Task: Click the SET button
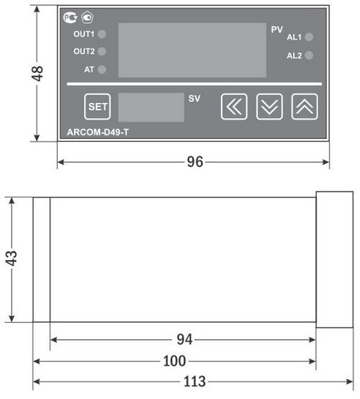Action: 96,107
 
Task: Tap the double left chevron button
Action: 233,107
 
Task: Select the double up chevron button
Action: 305,107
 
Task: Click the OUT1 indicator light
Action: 102,34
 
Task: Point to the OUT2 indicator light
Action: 102,52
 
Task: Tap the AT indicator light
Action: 102,70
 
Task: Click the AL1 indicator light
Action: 309,37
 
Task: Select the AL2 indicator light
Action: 309,55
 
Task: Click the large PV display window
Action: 192,50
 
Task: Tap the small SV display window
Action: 150,107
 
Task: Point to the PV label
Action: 277,30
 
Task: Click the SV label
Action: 194,99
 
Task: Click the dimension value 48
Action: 38,73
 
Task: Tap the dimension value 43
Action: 11,259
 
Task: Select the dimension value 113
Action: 194,381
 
